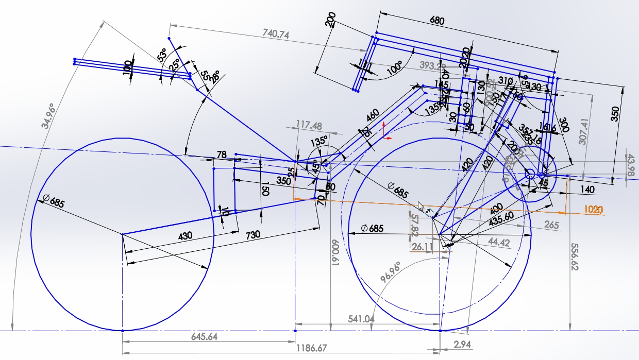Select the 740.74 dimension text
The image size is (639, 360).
point(276,34)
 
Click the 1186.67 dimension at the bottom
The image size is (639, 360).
point(312,348)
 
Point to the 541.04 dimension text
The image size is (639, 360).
point(361,319)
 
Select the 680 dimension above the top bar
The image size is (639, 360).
point(436,21)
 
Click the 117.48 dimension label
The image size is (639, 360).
point(309,125)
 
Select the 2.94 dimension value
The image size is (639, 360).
point(462,344)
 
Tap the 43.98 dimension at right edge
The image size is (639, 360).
point(629,166)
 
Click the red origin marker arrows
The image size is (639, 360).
point(386,131)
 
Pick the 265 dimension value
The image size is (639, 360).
point(551,225)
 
